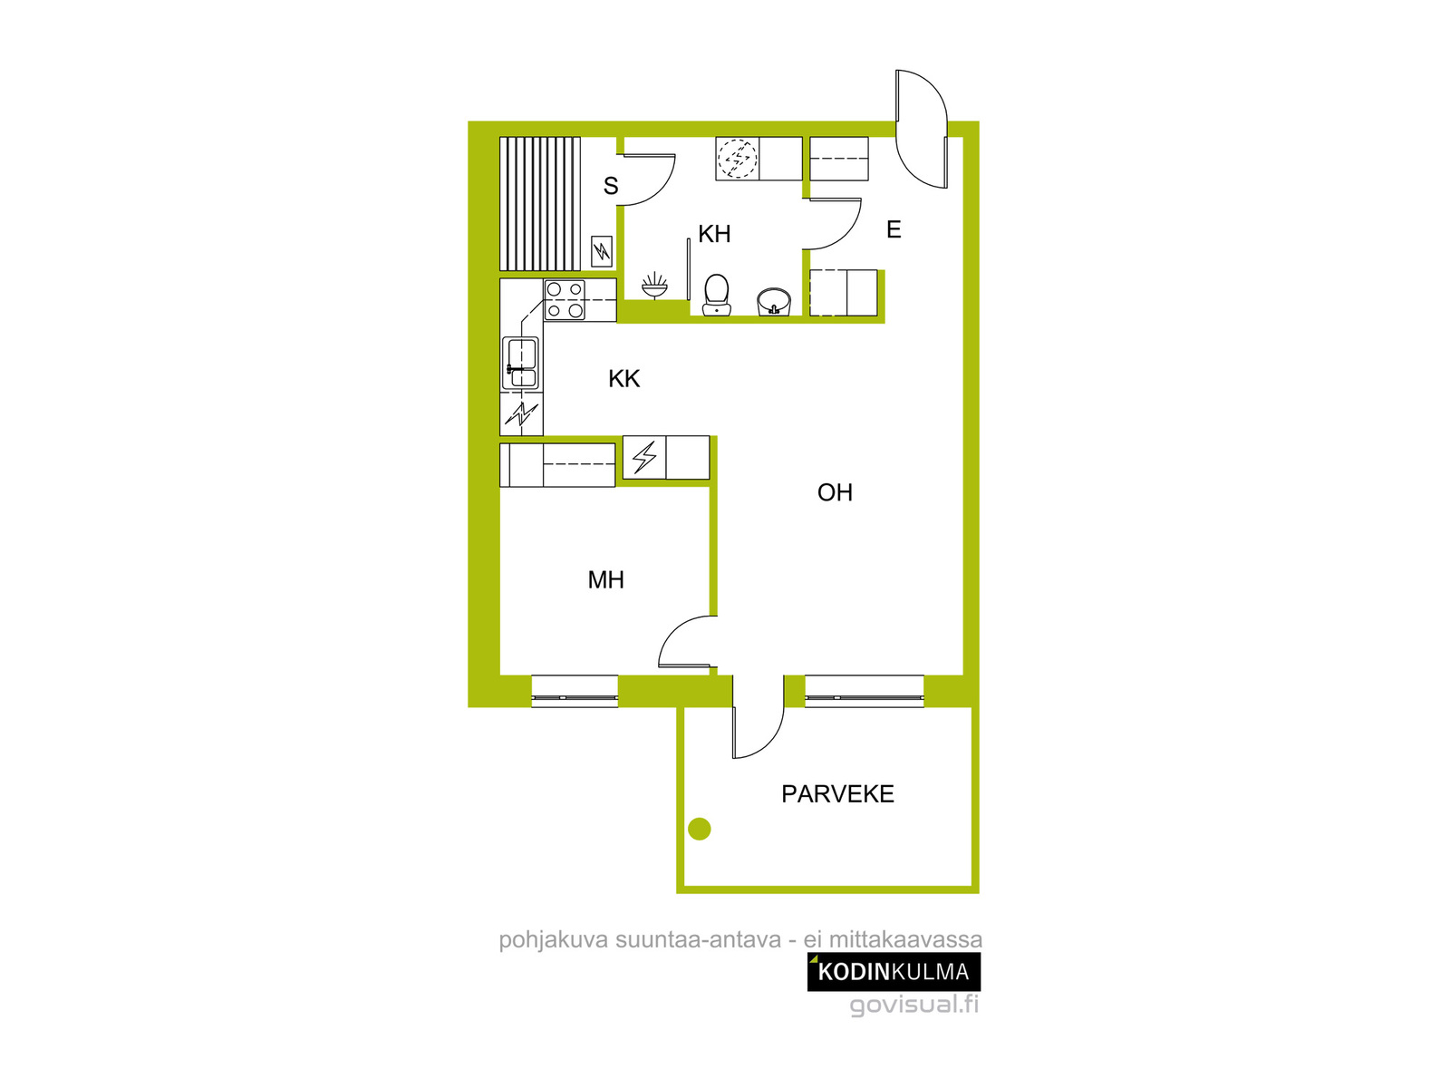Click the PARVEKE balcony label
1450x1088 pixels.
pos(837,793)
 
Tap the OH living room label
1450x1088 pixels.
pos(835,492)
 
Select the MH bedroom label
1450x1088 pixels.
pos(605,579)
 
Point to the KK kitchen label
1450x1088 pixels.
pos(623,378)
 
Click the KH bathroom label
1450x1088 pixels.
pos(713,233)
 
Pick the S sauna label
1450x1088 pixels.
pos(611,186)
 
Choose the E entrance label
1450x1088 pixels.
pos(894,229)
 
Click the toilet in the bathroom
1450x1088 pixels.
pos(716,295)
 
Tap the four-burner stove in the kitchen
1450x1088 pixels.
pos(565,300)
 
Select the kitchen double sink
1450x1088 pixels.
pos(520,363)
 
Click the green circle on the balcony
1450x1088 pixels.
pos(699,829)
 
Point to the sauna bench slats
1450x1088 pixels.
pos(540,203)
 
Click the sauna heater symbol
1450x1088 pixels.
pos(601,251)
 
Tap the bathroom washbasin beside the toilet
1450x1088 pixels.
pos(774,302)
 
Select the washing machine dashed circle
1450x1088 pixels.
pos(737,159)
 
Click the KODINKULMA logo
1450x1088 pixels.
pos(894,972)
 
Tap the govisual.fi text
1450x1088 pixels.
pos(913,1005)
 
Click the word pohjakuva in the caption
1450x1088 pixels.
pos(554,940)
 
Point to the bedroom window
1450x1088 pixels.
pos(575,692)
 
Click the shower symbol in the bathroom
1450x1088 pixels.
pos(654,286)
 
